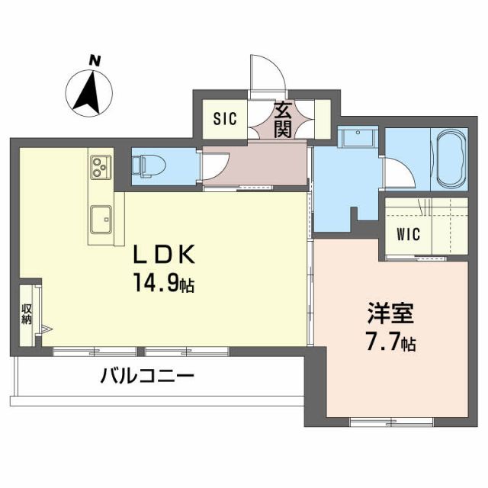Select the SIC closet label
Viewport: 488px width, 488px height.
tap(224, 119)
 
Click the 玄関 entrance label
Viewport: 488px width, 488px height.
tap(283, 119)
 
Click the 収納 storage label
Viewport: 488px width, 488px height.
tap(26, 314)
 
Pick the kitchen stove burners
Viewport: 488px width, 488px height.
tap(101, 167)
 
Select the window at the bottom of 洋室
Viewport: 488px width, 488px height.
tap(392, 421)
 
